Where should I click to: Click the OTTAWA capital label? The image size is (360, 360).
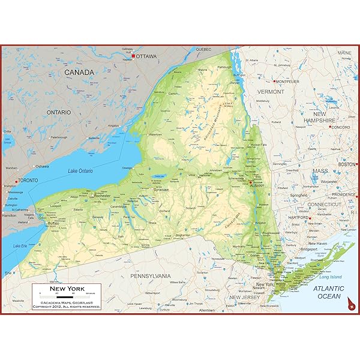click(x=146, y=56)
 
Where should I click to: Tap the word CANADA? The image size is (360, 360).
click(x=80, y=73)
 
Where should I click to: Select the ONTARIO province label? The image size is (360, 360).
click(x=59, y=112)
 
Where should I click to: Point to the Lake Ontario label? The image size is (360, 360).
click(x=80, y=172)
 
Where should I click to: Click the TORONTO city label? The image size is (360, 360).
click(x=28, y=180)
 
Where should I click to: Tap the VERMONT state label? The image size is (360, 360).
click(x=271, y=92)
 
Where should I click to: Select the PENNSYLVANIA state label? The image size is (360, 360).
click(x=151, y=276)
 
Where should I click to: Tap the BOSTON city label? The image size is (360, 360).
click(x=347, y=164)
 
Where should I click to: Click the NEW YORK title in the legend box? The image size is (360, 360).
click(x=67, y=289)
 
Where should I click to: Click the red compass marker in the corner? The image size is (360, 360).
click(x=350, y=308)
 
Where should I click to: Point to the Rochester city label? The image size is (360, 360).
click(x=103, y=196)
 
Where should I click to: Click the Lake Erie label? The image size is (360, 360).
click(x=20, y=245)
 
